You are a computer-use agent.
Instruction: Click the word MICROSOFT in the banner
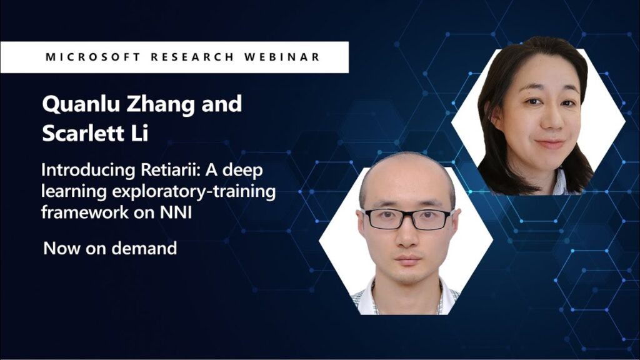[x=93, y=57]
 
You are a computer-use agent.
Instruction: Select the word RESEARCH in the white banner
[x=192, y=57]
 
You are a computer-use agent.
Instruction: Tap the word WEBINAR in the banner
[x=282, y=57]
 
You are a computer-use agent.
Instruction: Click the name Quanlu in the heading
[x=81, y=104]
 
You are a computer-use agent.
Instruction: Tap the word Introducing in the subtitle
[x=88, y=170]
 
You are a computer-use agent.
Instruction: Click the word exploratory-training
[x=194, y=191]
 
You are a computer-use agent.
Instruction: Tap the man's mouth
[x=408, y=259]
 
